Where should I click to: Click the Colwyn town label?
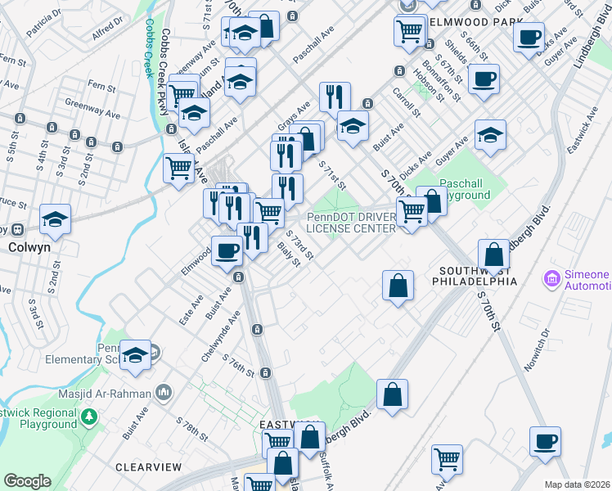pos(31,246)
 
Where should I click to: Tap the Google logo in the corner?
pos(27,481)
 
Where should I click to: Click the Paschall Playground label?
pos(465,189)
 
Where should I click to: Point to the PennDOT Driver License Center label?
pos(352,222)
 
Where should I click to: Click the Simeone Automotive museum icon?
pos(551,281)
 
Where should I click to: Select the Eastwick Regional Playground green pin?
pos(90,417)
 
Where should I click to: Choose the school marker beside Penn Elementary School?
pos(136,354)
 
